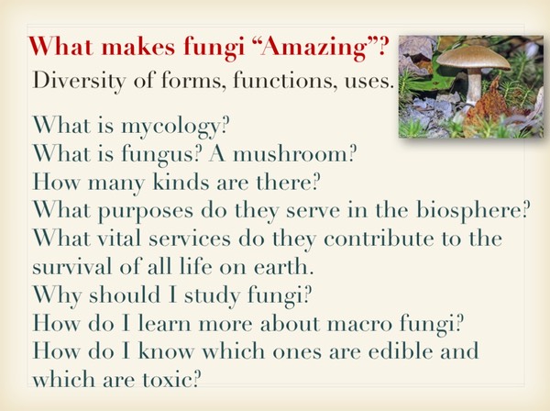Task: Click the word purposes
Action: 146,212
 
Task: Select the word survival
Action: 71,266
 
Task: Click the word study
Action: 213,295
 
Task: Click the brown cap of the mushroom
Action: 474,59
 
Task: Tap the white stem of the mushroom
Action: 473,87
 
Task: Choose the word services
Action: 190,238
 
